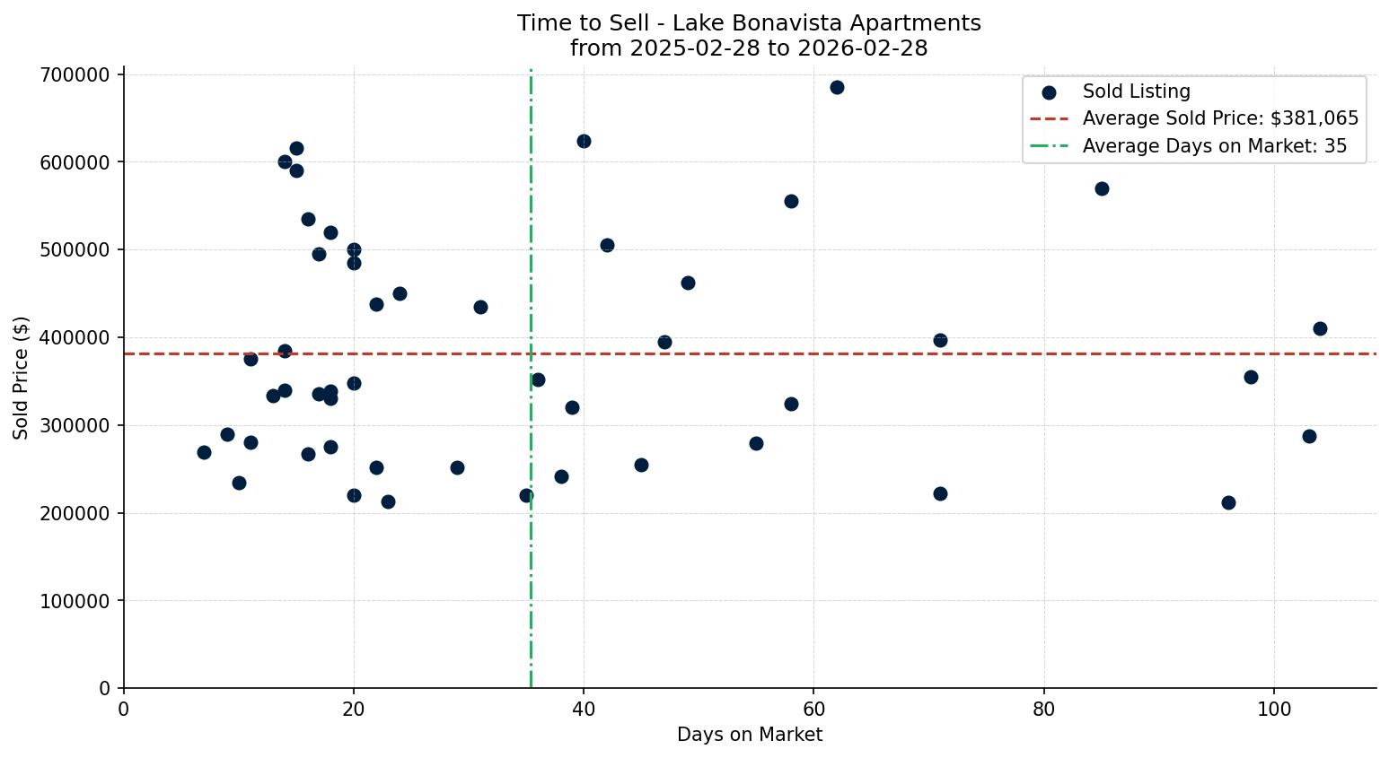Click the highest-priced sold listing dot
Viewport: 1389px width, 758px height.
pos(837,87)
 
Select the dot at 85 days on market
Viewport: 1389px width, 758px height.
pos(1102,188)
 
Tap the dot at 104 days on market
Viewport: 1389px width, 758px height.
pos(1320,328)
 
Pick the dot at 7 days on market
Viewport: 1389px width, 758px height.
pos(204,452)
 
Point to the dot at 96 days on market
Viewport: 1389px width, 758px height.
pos(1228,502)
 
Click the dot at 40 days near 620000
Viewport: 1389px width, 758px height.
pos(584,141)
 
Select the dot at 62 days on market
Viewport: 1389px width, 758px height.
pos(837,87)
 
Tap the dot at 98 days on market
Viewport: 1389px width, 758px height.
pos(1251,377)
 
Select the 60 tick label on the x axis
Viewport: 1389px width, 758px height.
pos(813,710)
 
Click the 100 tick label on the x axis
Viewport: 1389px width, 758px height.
pos(1274,710)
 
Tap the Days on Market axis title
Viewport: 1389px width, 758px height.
pos(750,735)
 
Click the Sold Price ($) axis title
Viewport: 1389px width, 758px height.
pos(22,378)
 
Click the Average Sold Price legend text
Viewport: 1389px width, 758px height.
pos(1220,118)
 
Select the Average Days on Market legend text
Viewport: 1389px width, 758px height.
pos(1214,146)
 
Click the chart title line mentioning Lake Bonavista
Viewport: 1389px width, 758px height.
pos(749,23)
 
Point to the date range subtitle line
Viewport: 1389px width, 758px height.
pos(749,48)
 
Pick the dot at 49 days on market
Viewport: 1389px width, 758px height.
pos(688,283)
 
